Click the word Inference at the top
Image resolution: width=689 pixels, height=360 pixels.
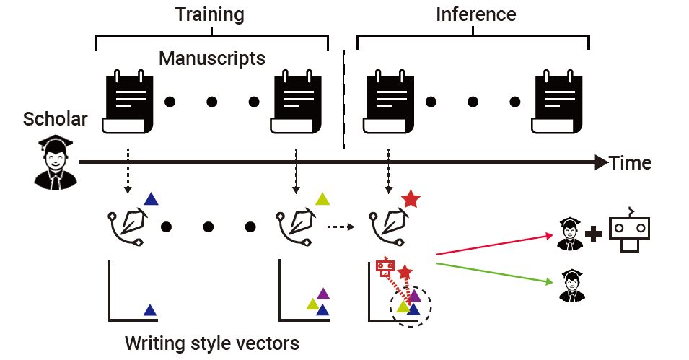tap(475, 14)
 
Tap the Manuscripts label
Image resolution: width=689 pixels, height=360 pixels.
tap(212, 58)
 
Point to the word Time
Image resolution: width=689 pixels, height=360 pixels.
tap(630, 163)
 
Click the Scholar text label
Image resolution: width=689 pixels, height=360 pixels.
tap(56, 119)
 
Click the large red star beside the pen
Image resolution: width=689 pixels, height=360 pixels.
tap(411, 199)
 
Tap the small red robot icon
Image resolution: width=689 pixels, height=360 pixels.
tap(385, 268)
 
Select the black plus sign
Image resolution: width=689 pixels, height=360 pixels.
tap(594, 234)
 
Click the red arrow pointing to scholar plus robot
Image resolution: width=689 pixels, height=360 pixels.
tap(491, 245)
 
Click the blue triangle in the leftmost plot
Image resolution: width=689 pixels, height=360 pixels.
tap(149, 310)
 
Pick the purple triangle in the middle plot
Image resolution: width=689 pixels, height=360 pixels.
tap(322, 294)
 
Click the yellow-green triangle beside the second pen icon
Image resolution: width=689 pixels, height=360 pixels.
tap(322, 199)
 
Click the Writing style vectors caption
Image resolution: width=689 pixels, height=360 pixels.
tap(211, 343)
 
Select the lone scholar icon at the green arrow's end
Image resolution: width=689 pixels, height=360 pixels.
tap(571, 286)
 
